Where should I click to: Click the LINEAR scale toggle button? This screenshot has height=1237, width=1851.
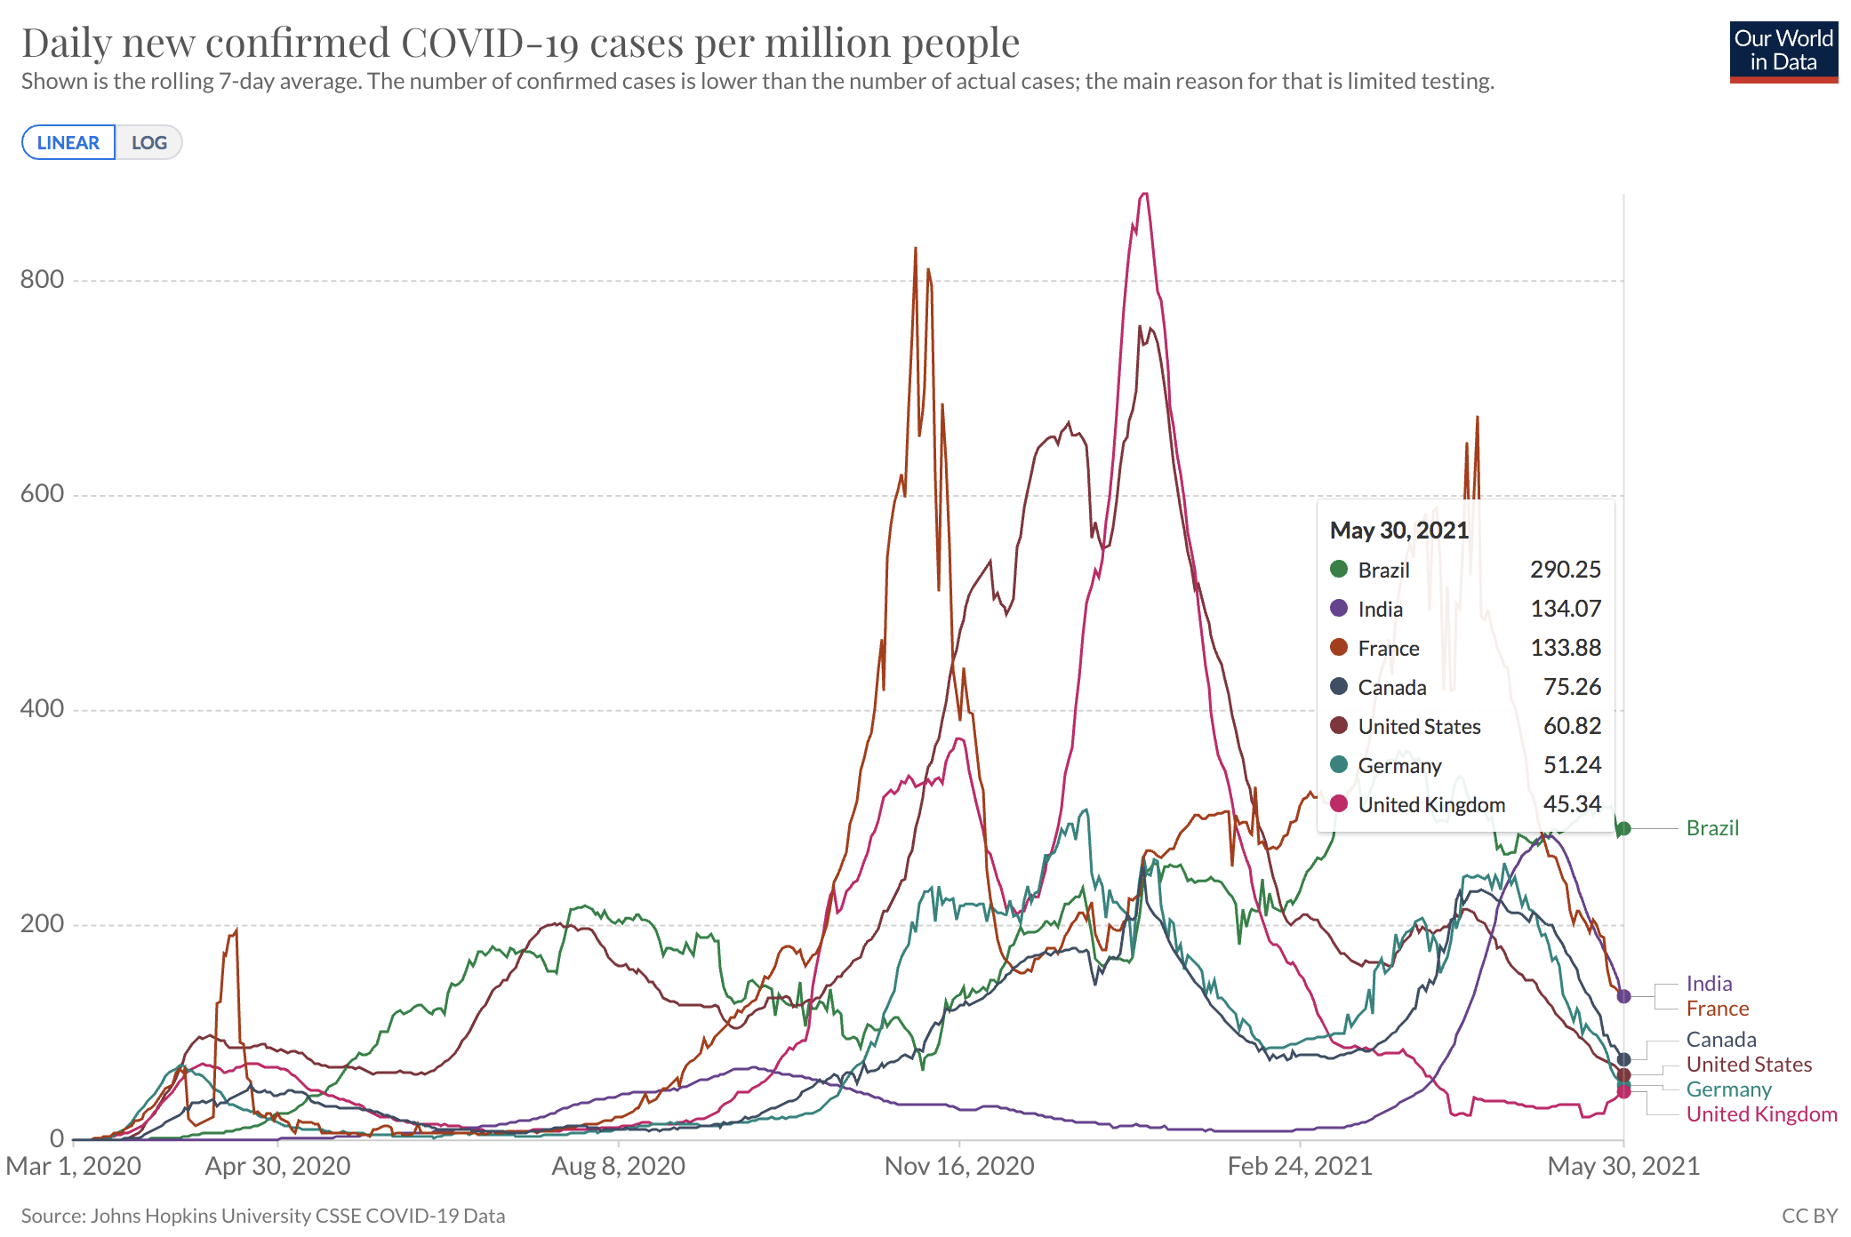68,143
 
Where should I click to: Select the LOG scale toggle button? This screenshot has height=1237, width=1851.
149,143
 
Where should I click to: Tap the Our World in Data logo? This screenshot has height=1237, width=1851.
1783,52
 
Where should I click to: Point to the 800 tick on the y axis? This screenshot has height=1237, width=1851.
43,280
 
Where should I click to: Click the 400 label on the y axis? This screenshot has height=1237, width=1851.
43,709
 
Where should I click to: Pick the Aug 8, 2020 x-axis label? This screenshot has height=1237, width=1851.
618,1166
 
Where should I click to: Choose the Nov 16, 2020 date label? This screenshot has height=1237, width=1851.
959,1166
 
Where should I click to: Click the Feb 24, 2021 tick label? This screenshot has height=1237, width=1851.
1300,1166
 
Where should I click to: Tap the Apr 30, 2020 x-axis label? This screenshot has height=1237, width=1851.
277,1166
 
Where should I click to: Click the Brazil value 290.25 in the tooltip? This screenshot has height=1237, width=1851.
1565,570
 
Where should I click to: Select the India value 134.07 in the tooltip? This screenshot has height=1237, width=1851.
1565,609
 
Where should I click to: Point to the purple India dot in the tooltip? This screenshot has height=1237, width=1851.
1339,609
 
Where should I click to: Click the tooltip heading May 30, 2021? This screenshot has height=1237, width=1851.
1398,531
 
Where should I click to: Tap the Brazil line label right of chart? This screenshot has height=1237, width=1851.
1712,828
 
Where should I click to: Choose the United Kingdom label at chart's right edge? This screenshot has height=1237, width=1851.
1761,1114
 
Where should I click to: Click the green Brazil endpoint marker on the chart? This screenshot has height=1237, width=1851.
1623,829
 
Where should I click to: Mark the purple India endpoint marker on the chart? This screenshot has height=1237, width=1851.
1623,996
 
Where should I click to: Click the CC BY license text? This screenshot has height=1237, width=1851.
1809,1216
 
